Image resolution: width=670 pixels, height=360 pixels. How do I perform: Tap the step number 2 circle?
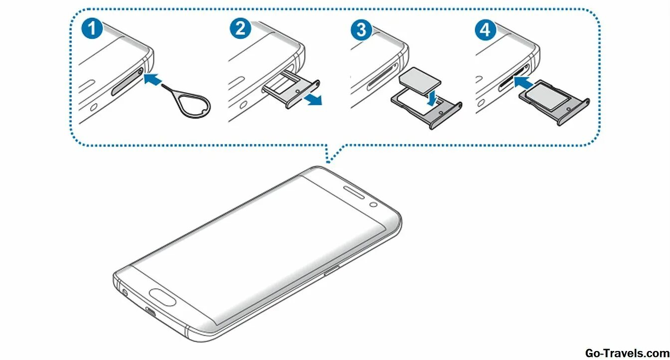[x=240, y=28]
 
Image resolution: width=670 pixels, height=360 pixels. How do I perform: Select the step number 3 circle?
[x=361, y=29]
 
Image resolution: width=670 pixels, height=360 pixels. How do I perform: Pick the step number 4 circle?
[x=485, y=29]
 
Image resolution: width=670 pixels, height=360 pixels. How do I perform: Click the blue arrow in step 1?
[x=152, y=78]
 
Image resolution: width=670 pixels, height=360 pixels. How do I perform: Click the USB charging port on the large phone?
[x=150, y=313]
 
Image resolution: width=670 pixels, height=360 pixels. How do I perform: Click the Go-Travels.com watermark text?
[x=626, y=353]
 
